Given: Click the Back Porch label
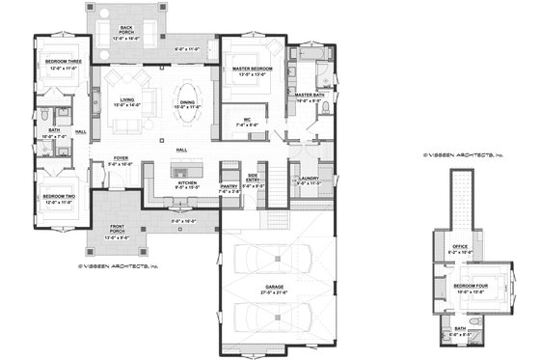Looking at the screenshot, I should (126, 28).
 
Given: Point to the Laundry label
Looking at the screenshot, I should (309, 180).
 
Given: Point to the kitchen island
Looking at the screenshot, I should (186, 171).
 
